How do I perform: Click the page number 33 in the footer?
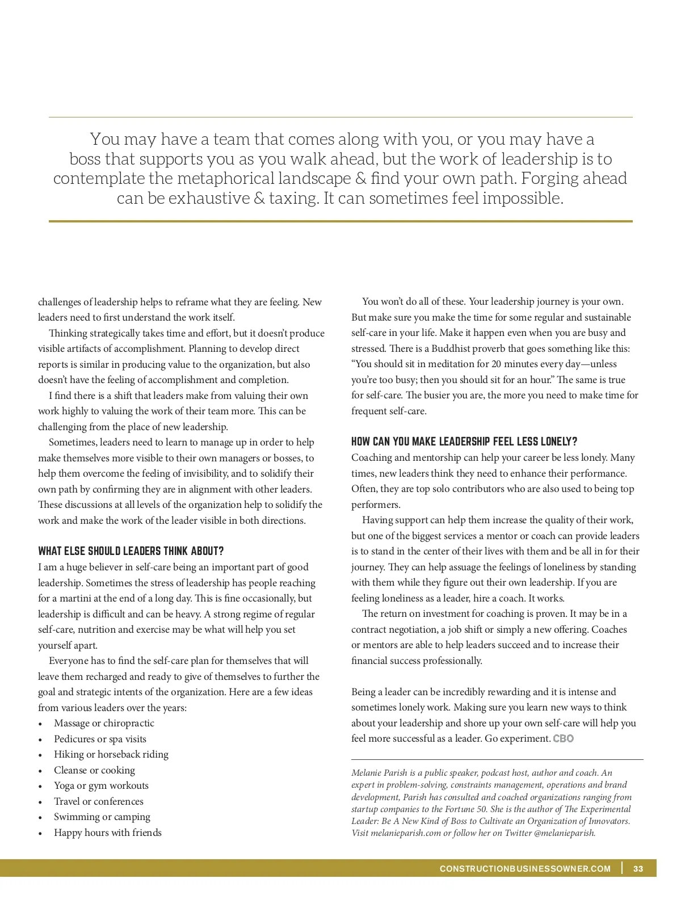click(638, 868)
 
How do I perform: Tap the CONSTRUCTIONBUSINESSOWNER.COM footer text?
click(525, 868)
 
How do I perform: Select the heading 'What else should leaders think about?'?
click(131, 551)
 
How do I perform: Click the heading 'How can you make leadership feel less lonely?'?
click(464, 442)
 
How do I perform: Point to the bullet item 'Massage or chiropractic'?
click(104, 723)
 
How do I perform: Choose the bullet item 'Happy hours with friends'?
click(108, 833)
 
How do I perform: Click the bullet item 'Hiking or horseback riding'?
click(111, 754)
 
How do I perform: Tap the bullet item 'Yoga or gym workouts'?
click(101, 785)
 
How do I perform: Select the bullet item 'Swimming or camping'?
click(102, 817)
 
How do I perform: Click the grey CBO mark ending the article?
click(563, 738)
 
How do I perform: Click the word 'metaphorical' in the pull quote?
click(225, 178)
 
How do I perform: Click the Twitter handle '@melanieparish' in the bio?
click(565, 833)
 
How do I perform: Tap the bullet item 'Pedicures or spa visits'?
click(100, 739)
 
